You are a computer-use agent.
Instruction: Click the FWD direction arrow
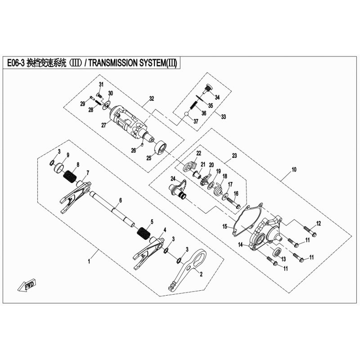tap(27, 285)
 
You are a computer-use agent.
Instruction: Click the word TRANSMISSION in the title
tap(114, 63)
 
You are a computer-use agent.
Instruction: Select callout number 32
tap(152, 99)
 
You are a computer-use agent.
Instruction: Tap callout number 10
tap(294, 170)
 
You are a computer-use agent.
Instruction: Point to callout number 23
tap(234, 156)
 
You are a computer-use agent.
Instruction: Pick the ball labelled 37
tap(187, 114)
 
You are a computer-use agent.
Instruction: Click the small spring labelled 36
tap(193, 105)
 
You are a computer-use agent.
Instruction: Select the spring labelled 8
tap(70, 177)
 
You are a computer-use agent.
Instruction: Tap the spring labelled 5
tap(144, 233)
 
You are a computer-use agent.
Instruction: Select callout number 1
tap(89, 261)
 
